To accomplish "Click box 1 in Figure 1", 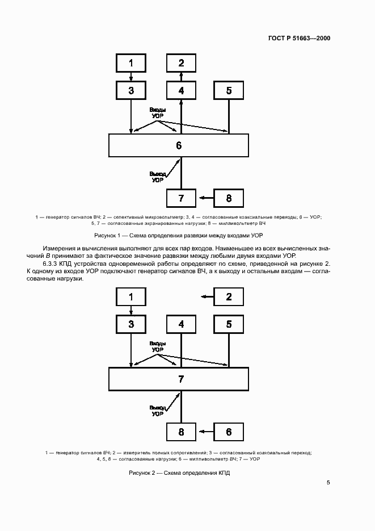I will tap(131, 62).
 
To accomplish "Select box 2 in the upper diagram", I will tap(181, 62).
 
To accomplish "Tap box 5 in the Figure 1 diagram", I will tap(229, 90).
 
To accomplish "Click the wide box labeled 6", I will tap(178, 145).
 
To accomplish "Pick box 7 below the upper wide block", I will tap(181, 198).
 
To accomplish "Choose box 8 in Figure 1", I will tap(229, 198).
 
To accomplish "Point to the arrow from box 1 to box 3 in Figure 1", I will tap(131, 76).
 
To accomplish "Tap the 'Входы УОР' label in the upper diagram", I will tap(158, 112).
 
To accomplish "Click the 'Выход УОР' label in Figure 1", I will tap(158, 176).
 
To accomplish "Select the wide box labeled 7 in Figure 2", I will tap(178, 379).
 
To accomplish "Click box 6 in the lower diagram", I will tap(229, 432).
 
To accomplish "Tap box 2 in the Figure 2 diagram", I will tap(229, 296).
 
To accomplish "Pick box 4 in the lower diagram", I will tap(181, 324).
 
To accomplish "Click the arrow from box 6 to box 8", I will tap(205, 432).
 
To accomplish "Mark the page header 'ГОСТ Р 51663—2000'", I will tap(298, 38).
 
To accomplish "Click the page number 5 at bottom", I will tap(328, 483).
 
